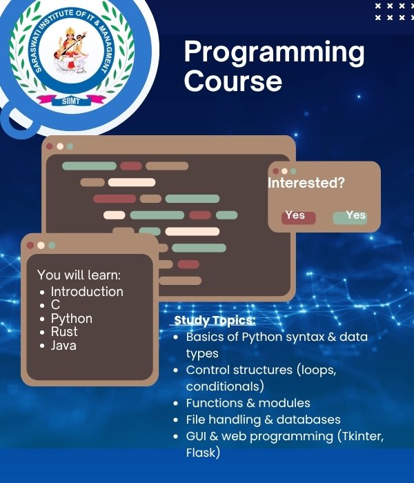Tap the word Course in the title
pyautogui.click(x=233, y=81)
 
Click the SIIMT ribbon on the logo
pyautogui.click(x=71, y=100)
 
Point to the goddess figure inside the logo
pyautogui.click(x=72, y=52)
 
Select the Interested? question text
pyautogui.click(x=306, y=183)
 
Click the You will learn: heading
pyautogui.click(x=79, y=275)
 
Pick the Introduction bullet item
pyautogui.click(x=87, y=292)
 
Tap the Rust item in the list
pyautogui.click(x=64, y=332)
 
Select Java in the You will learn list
pyautogui.click(x=63, y=345)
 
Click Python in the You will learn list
pyautogui.click(x=71, y=319)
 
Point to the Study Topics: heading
pyautogui.click(x=215, y=321)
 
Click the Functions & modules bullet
pyautogui.click(x=248, y=403)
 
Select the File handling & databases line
pyautogui.click(x=263, y=420)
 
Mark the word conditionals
pyautogui.click(x=225, y=386)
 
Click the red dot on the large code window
pyautogui.click(x=49, y=146)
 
